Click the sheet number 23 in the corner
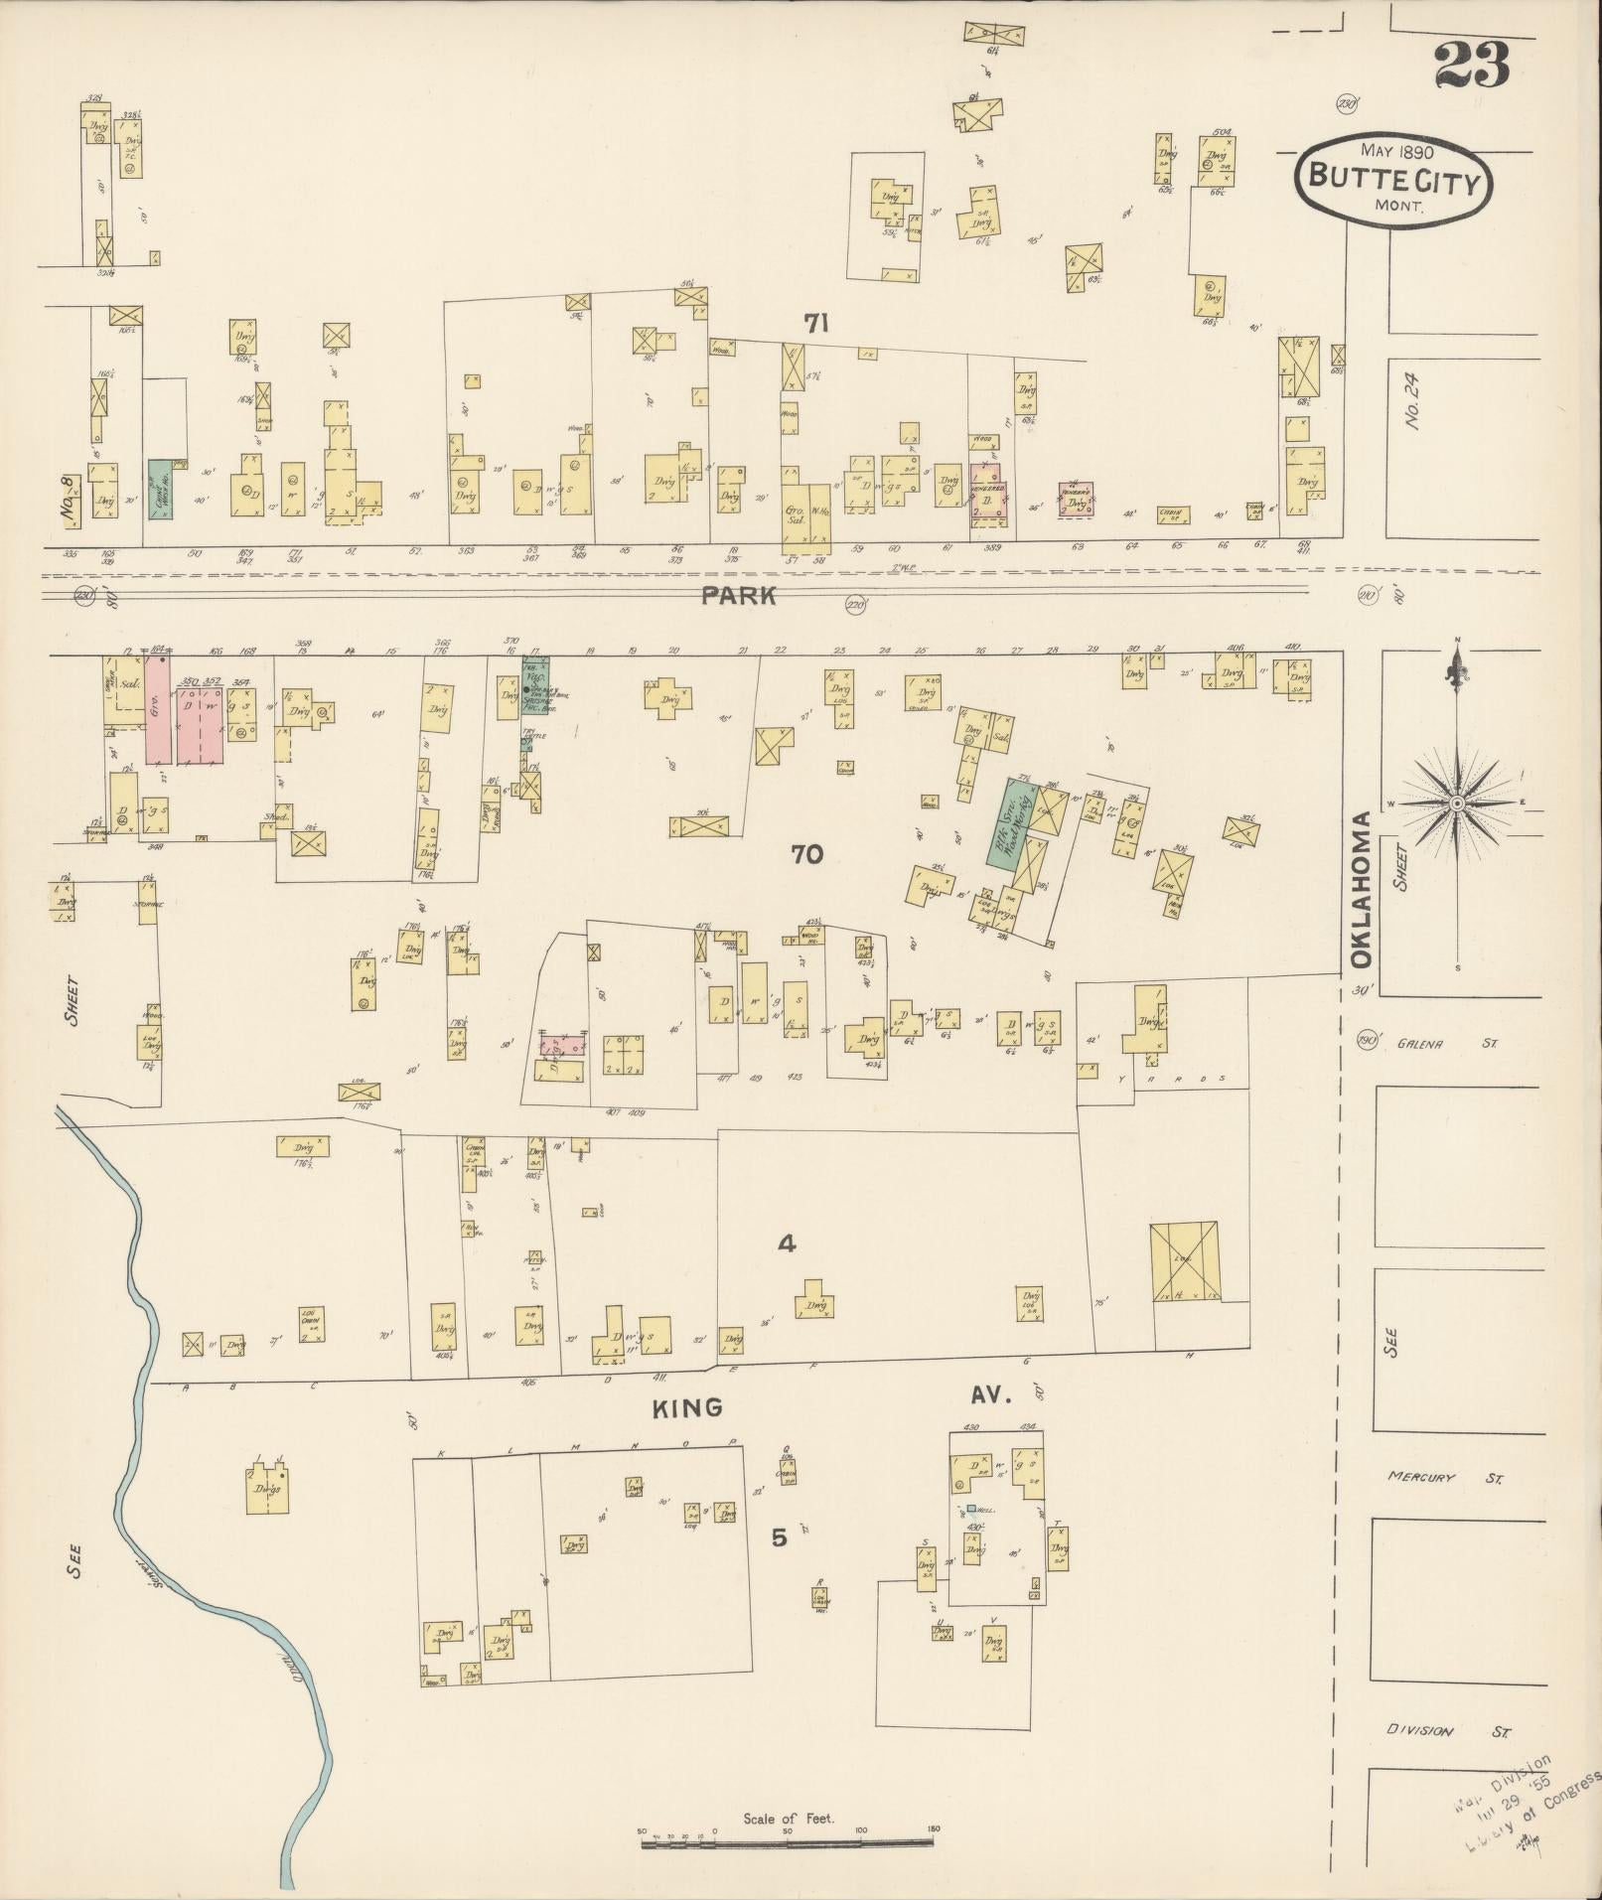[1471, 67]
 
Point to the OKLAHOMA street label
[1361, 889]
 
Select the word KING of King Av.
[686, 1407]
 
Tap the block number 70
[806, 853]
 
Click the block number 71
[816, 323]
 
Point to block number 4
[786, 1242]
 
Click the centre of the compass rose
[1456, 803]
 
